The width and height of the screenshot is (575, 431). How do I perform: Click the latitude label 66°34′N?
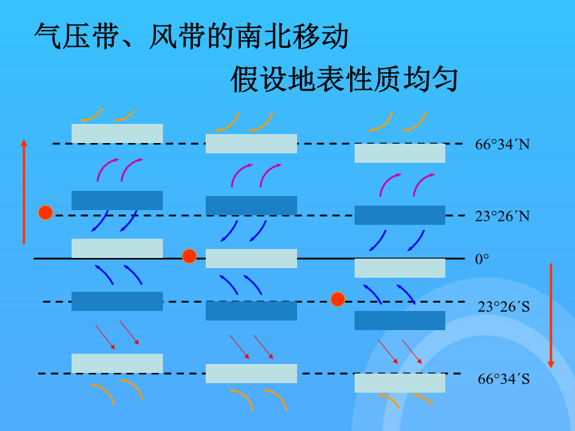point(502,144)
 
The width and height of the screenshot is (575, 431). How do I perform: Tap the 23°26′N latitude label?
point(502,216)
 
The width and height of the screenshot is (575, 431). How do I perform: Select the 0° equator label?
point(482,259)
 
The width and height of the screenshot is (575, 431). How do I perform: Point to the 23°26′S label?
point(503,306)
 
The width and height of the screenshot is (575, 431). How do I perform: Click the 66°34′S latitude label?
point(503,379)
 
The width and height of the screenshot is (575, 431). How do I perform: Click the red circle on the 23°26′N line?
point(45,213)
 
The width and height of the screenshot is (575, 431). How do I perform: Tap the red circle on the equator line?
point(189,256)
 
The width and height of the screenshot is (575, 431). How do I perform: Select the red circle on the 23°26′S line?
point(337,299)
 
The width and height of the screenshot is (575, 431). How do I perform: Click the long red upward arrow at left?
point(24,192)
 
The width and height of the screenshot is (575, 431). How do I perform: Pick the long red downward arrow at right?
point(551,315)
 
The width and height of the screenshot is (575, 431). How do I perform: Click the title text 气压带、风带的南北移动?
point(191,36)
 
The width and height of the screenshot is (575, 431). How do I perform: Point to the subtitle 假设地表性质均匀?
point(344,79)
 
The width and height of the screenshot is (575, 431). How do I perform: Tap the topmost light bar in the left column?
point(117,133)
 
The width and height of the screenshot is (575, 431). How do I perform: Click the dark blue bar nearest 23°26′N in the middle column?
point(251,206)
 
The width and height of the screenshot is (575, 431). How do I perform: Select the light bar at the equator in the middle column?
point(251,259)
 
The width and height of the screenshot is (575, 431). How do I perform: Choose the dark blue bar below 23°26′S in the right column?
point(400,321)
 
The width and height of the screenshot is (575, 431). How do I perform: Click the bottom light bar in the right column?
point(400,383)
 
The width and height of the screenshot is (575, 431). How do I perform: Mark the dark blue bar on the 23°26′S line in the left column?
point(117,301)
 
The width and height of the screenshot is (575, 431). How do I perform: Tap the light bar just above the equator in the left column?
point(117,248)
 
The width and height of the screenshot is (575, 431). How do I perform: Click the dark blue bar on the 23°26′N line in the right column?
point(400,215)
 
